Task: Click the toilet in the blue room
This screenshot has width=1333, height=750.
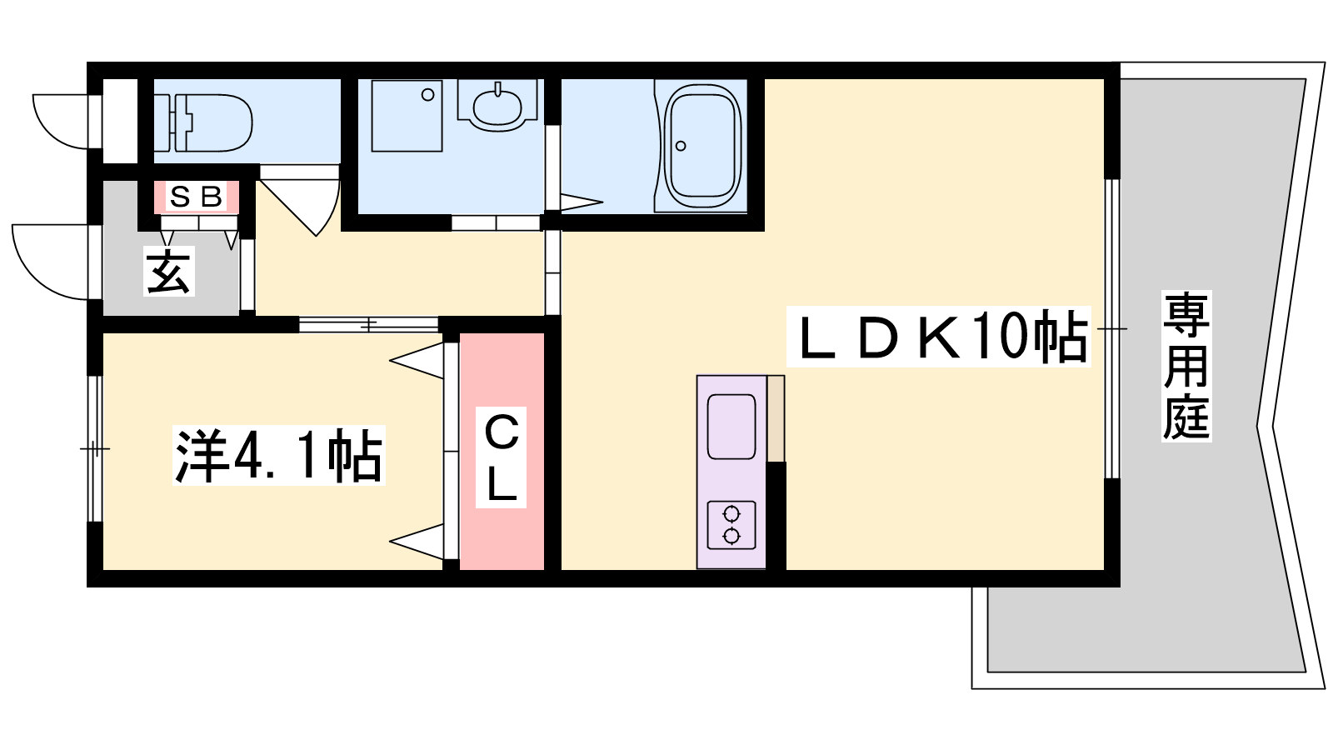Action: (x=212, y=123)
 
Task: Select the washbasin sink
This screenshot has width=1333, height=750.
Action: (x=497, y=106)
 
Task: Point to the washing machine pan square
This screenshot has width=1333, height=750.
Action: (x=407, y=116)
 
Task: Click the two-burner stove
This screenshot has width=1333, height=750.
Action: (x=731, y=524)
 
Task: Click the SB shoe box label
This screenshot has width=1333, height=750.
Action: (x=196, y=197)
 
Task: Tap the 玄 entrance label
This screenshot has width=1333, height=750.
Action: (x=169, y=271)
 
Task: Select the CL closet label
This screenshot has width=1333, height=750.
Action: (x=501, y=457)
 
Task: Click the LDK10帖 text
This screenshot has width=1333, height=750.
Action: (x=938, y=337)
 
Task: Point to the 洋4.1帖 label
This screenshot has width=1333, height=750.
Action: (x=278, y=455)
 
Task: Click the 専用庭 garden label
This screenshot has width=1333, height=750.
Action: (x=1186, y=366)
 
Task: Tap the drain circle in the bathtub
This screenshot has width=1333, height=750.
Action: (x=681, y=146)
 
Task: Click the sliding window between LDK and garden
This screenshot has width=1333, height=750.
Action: (x=1111, y=328)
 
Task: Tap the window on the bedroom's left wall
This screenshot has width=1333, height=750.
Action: (x=95, y=448)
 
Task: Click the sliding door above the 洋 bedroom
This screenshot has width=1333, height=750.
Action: (x=369, y=324)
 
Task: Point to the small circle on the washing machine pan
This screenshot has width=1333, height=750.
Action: (x=427, y=95)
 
